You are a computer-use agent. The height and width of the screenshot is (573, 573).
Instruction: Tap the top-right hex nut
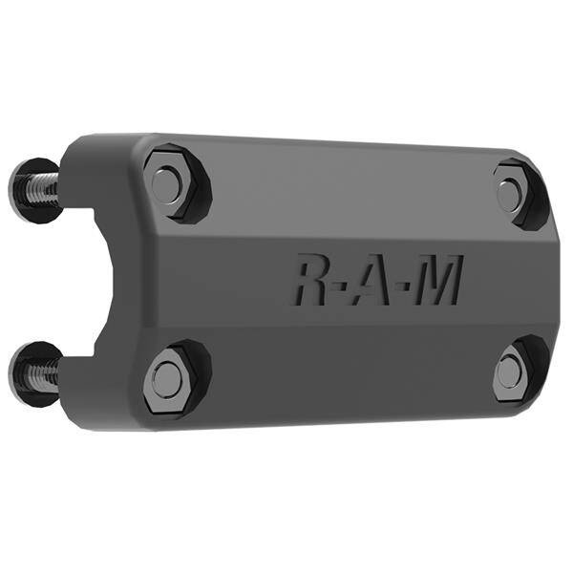pyautogui.click(x=514, y=194)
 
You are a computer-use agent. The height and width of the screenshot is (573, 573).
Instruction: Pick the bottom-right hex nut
pyautogui.click(x=512, y=369)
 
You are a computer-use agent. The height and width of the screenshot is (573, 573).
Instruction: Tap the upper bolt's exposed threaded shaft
pyautogui.click(x=41, y=188)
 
